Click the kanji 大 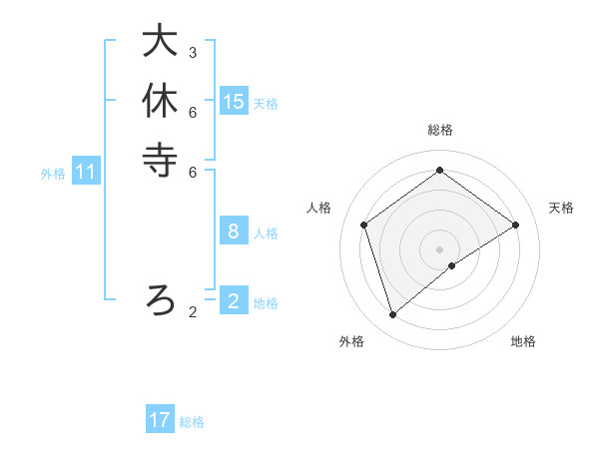pos(160,41)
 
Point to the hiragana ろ pos(160,298)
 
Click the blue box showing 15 pos(234,101)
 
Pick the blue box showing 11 pos(86,172)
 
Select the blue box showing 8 pos(234,232)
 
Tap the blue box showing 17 pos(160,420)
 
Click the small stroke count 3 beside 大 pos(193,52)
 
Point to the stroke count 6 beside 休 pos(193,112)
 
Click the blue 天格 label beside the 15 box pos(266,103)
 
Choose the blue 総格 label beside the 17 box pos(192,422)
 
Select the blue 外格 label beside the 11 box pos(53,174)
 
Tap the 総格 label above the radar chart pos(439,130)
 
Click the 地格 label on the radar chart pos(523,341)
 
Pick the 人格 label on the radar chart pos(319,208)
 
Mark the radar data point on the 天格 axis pos(515,225)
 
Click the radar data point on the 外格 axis pos(393,314)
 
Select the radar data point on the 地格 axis pos(452,265)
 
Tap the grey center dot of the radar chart pos(439,248)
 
